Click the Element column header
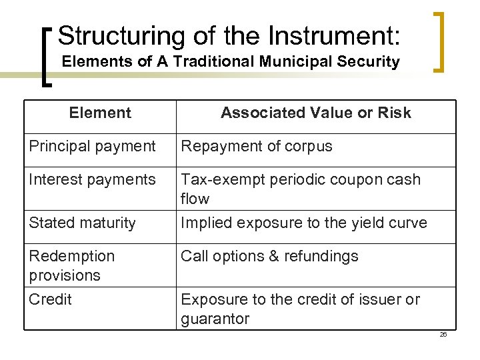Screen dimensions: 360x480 pyautogui.click(x=100, y=113)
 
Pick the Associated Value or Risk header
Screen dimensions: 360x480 pyautogui.click(x=316, y=113)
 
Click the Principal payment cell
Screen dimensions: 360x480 pyautogui.click(x=92, y=147)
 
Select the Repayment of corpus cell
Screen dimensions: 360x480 pyautogui.click(x=257, y=147)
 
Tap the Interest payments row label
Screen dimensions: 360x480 pyautogui.click(x=92, y=180)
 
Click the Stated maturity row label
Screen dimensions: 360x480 pyautogui.click(x=82, y=223)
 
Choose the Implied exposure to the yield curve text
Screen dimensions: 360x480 pyautogui.click(x=304, y=223)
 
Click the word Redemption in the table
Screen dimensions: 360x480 pyautogui.click(x=72, y=257)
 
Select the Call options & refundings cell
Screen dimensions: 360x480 pyautogui.click(x=269, y=257)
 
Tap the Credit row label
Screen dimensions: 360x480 pyautogui.click(x=50, y=300)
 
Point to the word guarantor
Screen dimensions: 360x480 pyautogui.click(x=215, y=319)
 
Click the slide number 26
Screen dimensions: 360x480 pyautogui.click(x=443, y=335)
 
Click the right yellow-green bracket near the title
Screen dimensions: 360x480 pyautogui.click(x=439, y=41)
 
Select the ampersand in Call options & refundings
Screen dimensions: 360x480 pyautogui.click(x=267, y=257)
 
